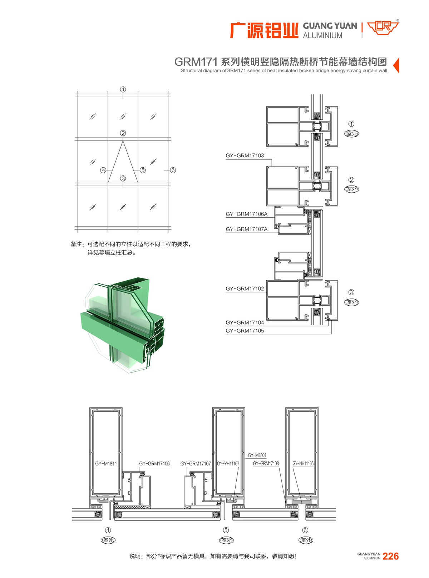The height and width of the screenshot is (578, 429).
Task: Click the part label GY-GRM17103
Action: (245, 155)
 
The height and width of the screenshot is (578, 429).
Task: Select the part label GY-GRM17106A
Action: (247, 214)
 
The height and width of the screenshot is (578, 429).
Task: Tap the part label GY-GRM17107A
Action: (247, 229)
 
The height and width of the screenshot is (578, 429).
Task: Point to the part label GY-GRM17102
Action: (245, 288)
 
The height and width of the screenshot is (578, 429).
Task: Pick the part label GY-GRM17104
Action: (245, 322)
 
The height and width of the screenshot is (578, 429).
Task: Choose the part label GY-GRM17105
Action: (245, 331)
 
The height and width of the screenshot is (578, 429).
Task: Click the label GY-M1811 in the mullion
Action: (106, 464)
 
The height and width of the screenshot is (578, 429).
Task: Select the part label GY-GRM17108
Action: (266, 463)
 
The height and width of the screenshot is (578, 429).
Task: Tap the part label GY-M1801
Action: (257, 455)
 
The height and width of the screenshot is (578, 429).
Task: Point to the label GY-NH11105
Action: (303, 463)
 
